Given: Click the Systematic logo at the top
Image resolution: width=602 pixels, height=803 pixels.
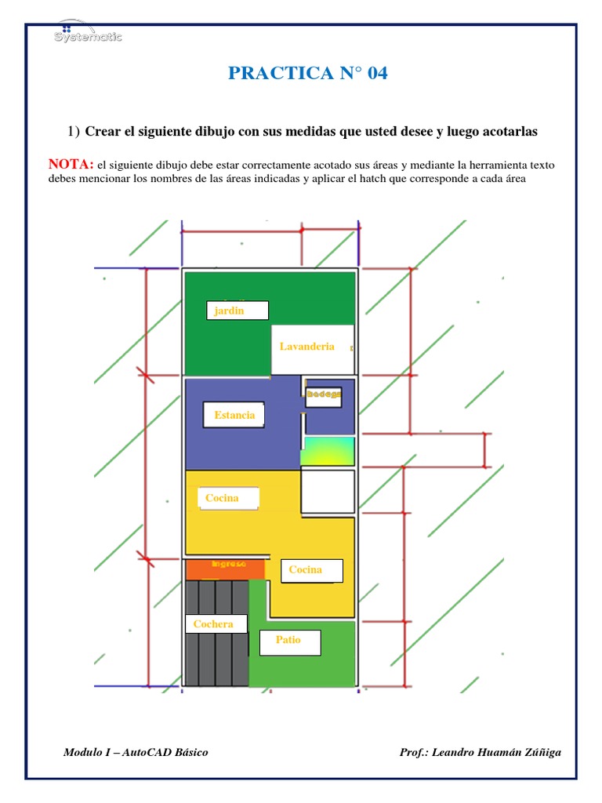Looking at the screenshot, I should point(87,34).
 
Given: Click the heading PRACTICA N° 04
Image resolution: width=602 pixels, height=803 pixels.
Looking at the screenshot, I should point(308,74).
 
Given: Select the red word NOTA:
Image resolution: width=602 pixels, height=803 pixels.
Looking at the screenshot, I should point(71,164).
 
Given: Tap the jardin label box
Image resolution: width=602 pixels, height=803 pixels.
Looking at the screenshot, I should point(238,311).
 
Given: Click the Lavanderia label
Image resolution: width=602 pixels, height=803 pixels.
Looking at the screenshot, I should point(312,347).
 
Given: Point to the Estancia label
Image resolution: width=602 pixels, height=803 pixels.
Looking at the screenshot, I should point(234,415).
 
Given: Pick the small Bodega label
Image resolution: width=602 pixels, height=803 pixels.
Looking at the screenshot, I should point(324,394).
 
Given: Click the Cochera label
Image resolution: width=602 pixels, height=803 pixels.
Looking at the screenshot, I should point(215,624).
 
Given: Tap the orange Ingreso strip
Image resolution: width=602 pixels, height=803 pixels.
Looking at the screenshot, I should point(227,565).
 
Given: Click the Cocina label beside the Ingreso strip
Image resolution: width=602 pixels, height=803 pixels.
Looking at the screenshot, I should point(311,570).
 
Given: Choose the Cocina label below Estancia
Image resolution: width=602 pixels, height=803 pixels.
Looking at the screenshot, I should point(228,498).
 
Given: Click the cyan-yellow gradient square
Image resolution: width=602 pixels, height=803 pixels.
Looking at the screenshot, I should point(328,451).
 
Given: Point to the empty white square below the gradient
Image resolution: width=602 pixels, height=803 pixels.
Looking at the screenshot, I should point(328,492).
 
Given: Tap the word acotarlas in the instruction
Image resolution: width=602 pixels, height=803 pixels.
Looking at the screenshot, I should point(506,132).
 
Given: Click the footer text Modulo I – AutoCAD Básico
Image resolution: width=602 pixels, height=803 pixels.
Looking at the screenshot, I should point(136,753).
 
